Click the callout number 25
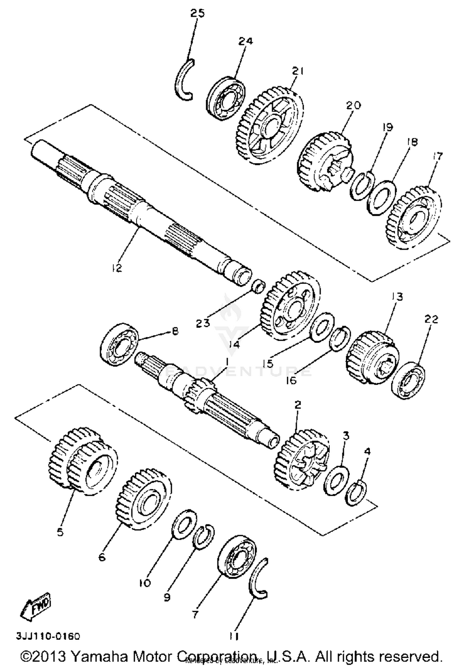click(197, 14)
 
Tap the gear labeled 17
click(413, 218)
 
